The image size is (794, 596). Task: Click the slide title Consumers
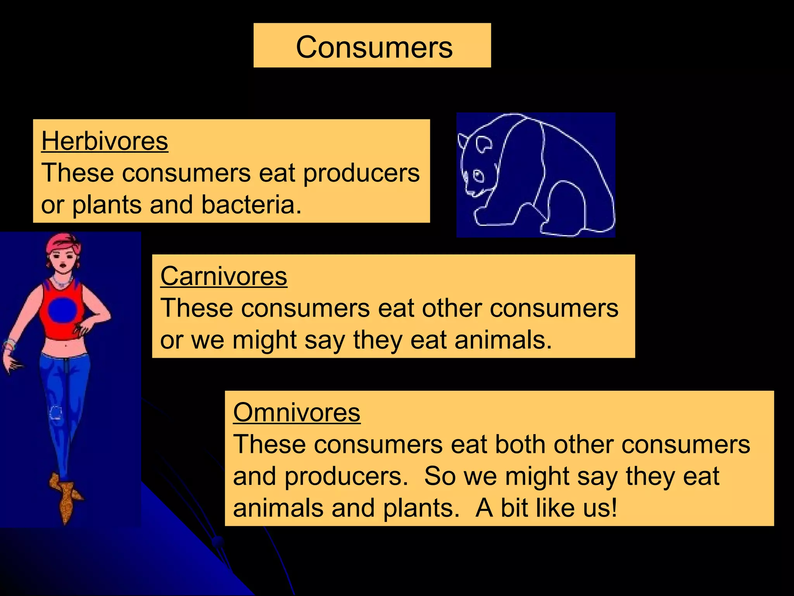point(374,47)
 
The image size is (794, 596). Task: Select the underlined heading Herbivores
point(105,141)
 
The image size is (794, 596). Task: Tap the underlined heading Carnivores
point(224,276)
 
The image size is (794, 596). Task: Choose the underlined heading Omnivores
point(297,412)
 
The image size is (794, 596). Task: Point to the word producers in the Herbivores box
point(361,173)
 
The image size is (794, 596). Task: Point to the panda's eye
point(479,176)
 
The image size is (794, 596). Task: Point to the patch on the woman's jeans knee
point(57,412)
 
